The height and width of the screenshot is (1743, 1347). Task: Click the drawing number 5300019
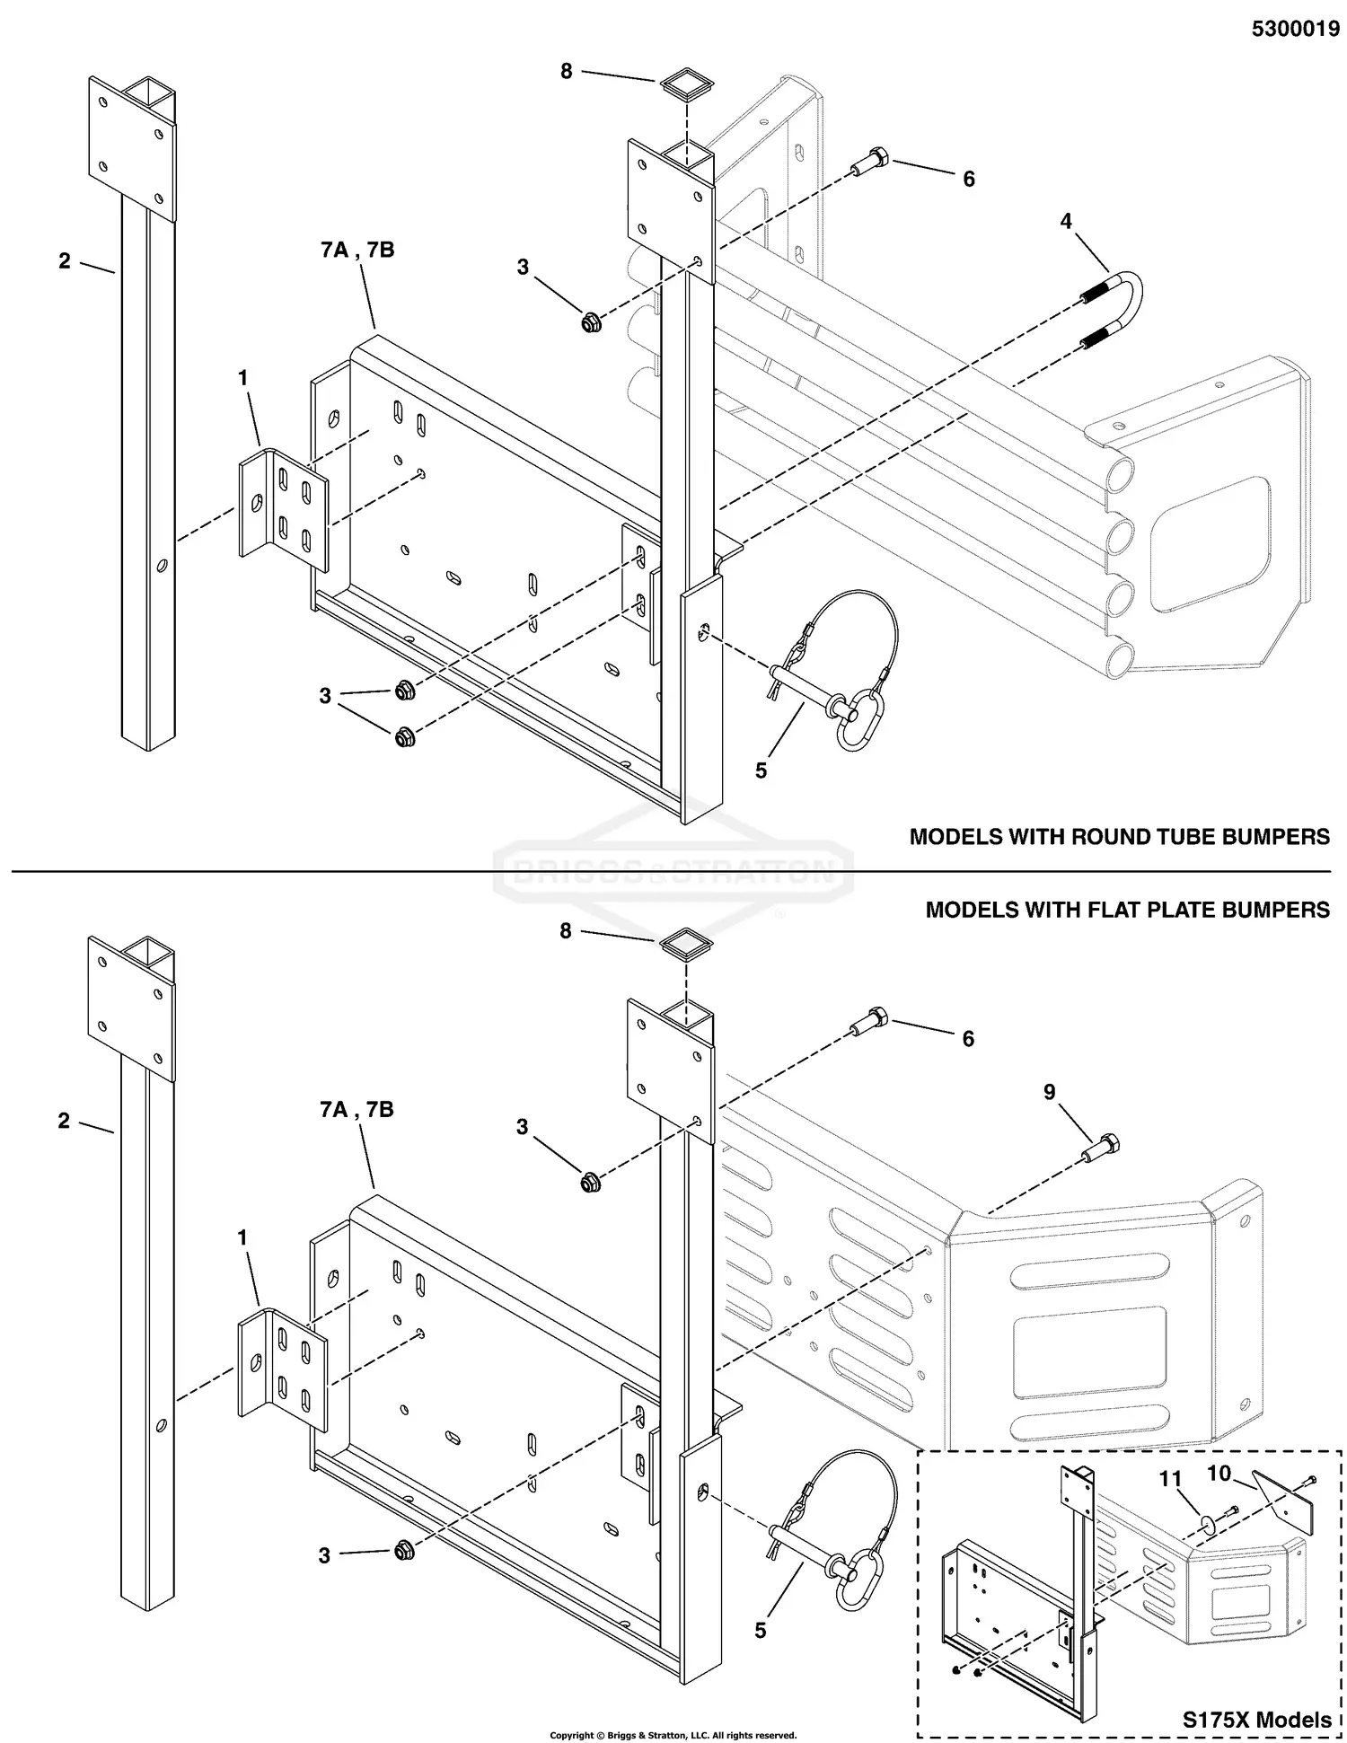pyautogui.click(x=1295, y=30)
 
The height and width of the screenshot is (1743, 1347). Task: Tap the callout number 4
pyautogui.click(x=1066, y=221)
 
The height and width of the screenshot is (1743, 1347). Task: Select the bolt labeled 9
pyautogui.click(x=1104, y=1148)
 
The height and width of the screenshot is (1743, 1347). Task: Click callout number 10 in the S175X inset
pyautogui.click(x=1219, y=1474)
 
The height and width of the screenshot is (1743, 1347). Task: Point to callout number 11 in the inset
pyautogui.click(x=1170, y=1479)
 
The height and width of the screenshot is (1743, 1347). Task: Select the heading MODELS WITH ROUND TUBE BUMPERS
pyautogui.click(x=1119, y=837)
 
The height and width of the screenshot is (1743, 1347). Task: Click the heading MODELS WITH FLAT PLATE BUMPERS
pyautogui.click(x=1127, y=910)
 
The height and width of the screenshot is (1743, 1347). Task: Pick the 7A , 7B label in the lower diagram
pyautogui.click(x=357, y=1110)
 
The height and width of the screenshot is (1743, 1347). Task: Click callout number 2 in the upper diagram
pyautogui.click(x=65, y=261)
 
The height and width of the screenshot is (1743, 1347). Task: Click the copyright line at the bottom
pyautogui.click(x=673, y=1735)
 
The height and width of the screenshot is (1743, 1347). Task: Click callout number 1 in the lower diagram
pyautogui.click(x=242, y=1238)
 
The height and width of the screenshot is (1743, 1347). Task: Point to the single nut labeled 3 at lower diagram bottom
pyautogui.click(x=403, y=1550)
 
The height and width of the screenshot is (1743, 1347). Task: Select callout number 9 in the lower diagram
pyautogui.click(x=1049, y=1093)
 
